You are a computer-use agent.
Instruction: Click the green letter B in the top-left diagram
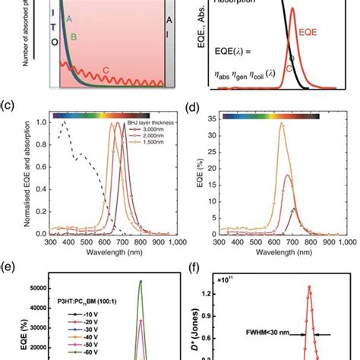(x=73, y=36)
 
